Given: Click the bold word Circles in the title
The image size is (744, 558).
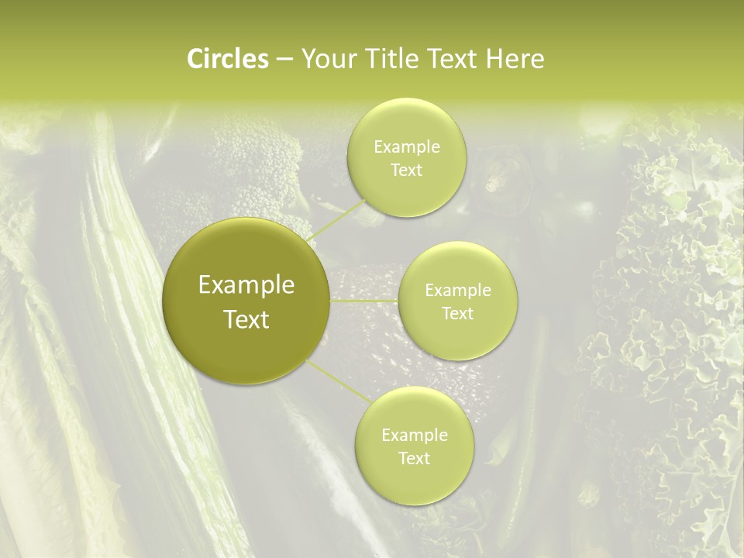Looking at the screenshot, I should point(227,59).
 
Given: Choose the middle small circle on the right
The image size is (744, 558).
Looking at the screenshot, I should point(457,333).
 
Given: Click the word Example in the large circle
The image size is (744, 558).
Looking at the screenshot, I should point(246,285).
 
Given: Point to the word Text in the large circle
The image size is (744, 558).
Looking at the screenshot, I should point(246,319).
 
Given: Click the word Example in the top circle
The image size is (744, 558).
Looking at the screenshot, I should point(407,147).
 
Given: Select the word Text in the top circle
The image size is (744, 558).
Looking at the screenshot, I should point(406,170).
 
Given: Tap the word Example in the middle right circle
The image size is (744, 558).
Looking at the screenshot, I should point(458,291).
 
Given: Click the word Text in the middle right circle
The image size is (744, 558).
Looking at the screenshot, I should point(457,313).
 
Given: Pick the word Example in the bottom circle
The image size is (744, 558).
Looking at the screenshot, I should point(415,436).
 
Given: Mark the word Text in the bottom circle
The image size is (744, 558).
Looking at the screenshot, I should point(414,458).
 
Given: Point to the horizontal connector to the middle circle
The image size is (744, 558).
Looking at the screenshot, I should point(363,301).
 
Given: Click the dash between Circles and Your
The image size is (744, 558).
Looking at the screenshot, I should point(284,59).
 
